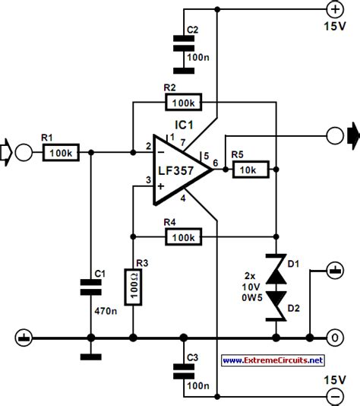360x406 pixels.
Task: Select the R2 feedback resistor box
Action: click(183, 102)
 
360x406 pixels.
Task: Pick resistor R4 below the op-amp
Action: click(183, 238)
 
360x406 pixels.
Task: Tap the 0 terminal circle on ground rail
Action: click(332, 336)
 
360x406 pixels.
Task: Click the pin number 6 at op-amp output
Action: click(217, 163)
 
